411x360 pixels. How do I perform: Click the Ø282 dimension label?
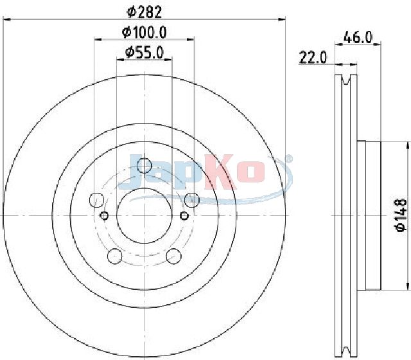tap(144, 12)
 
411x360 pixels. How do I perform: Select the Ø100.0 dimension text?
tap(144, 33)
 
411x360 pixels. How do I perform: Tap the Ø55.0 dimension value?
tap(144, 52)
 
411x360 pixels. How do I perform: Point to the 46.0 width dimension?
tap(358, 37)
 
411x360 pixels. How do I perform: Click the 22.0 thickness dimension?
tap(313, 57)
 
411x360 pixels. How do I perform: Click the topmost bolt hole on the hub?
tap(144, 166)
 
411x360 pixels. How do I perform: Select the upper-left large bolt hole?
tap(97, 200)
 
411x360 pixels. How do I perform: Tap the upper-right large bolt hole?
tap(192, 200)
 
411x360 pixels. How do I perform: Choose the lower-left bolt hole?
tap(115, 256)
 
